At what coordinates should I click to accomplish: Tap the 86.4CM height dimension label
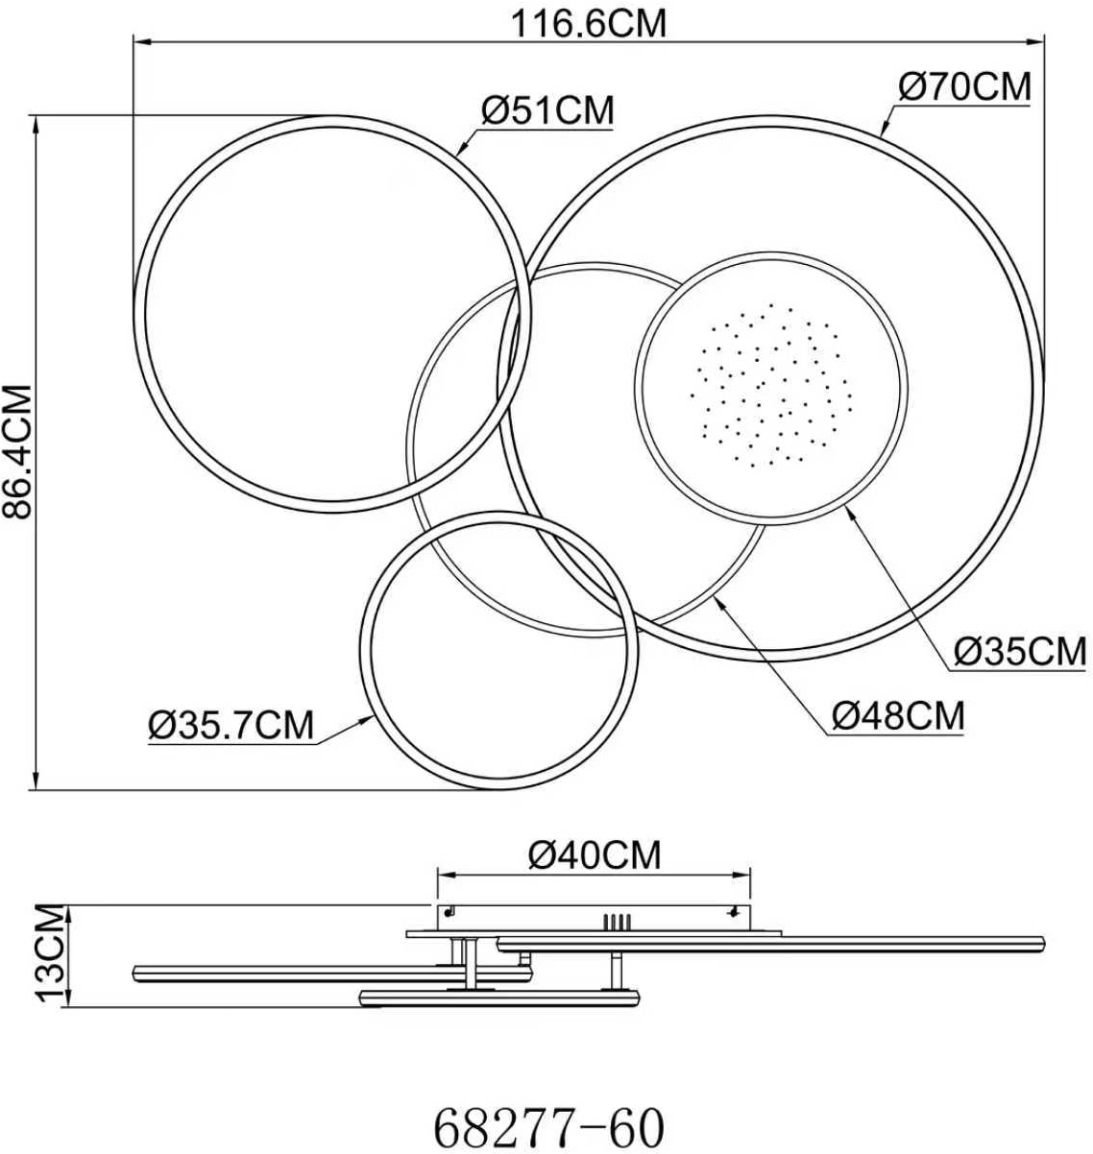(x=17, y=451)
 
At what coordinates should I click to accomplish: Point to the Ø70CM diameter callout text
(x=965, y=86)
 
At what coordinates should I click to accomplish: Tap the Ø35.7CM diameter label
(x=231, y=725)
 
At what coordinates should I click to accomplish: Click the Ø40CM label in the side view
(x=595, y=855)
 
